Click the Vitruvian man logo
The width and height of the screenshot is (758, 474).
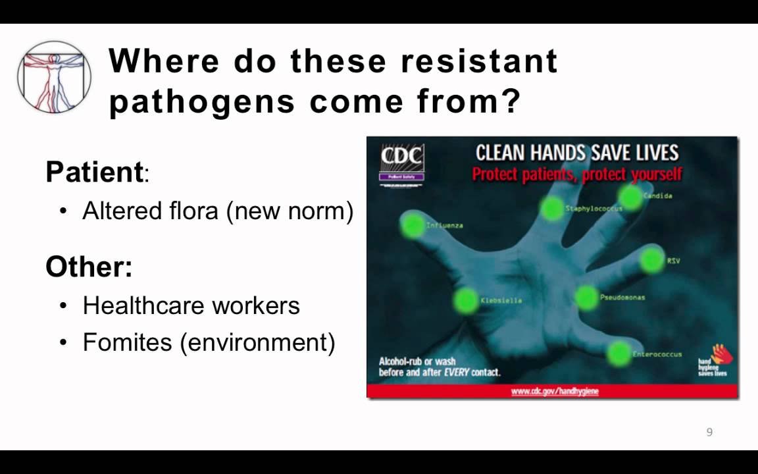pyautogui.click(x=54, y=77)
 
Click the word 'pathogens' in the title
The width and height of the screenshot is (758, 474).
pyautogui.click(x=201, y=102)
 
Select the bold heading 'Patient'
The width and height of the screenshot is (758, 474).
pyautogui.click(x=94, y=172)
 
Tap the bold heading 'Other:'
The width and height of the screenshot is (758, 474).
pyautogui.click(x=89, y=267)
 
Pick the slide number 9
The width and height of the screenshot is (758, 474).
pyautogui.click(x=709, y=433)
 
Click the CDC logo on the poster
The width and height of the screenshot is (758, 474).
pyautogui.click(x=402, y=161)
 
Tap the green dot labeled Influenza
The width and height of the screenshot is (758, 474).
pyautogui.click(x=413, y=225)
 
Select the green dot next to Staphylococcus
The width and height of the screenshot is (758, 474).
pyautogui.click(x=553, y=209)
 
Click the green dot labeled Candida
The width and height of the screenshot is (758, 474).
pyautogui.click(x=630, y=196)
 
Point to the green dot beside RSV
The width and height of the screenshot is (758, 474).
pyautogui.click(x=651, y=260)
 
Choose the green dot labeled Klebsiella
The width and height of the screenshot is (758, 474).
pyautogui.click(x=466, y=300)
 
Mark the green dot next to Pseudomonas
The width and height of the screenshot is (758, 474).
pyautogui.click(x=586, y=298)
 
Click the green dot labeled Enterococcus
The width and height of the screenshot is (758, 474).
pyautogui.click(x=619, y=354)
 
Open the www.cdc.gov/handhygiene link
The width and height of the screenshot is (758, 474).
pyautogui.click(x=555, y=391)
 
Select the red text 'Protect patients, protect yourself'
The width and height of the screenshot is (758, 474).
pyautogui.click(x=576, y=174)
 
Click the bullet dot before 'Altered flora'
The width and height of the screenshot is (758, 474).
pyautogui.click(x=63, y=211)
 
